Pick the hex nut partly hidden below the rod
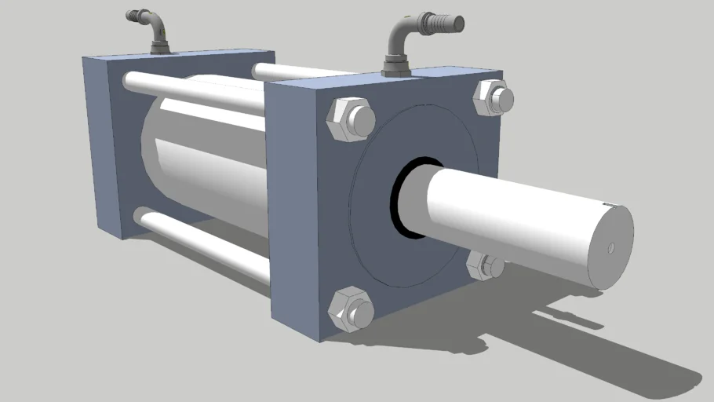point(483,266)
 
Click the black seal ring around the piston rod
point(400,196)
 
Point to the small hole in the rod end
point(611,248)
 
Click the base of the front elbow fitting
point(395,70)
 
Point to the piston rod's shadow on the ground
point(596,345)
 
